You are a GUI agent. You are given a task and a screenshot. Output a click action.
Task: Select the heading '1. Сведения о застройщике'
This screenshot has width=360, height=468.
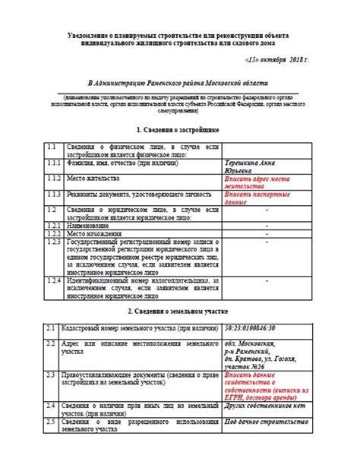pos(179,130)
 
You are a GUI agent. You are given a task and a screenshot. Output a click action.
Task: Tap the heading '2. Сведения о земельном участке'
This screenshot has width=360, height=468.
pos(179,311)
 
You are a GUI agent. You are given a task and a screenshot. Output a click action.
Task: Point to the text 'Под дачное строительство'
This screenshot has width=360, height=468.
pos(262,421)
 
